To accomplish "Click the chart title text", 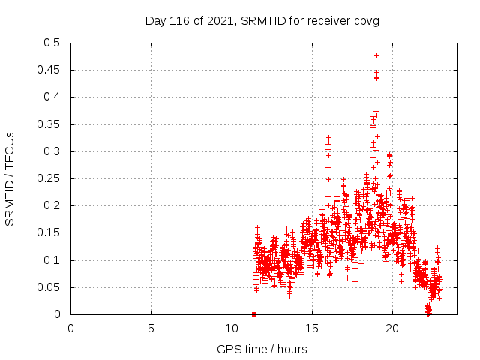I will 262,21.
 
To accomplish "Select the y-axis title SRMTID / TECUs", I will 10,178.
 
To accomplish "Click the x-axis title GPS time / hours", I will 262,349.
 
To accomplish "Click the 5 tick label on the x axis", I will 151,328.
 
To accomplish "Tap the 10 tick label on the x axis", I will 231,328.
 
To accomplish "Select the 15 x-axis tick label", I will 311,328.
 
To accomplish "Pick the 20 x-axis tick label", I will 391,328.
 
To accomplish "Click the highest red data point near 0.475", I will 376,55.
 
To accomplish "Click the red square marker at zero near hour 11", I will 253,314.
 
